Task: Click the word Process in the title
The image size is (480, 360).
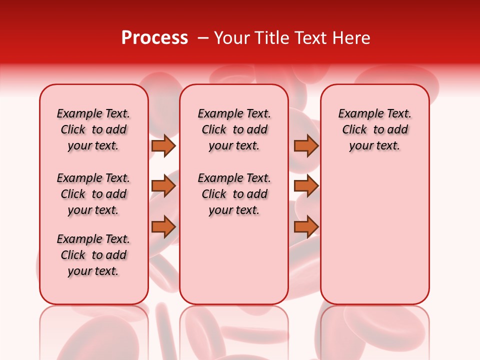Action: (x=154, y=38)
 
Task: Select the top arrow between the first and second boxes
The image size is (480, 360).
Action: (x=163, y=145)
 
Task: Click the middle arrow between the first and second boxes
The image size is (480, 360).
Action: (x=163, y=186)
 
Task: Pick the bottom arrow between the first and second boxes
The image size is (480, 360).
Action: (x=163, y=227)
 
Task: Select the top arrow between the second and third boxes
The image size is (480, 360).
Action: (x=306, y=145)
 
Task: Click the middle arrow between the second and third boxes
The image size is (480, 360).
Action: (x=306, y=186)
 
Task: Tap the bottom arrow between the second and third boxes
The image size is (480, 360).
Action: (x=306, y=227)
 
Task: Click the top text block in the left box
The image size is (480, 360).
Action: (x=93, y=129)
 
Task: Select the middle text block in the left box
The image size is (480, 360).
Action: (x=93, y=194)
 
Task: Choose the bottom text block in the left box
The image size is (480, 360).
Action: (x=93, y=255)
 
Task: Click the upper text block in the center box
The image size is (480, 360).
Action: (x=234, y=129)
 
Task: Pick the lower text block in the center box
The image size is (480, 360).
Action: (x=234, y=194)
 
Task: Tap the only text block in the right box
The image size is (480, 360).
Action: (x=374, y=129)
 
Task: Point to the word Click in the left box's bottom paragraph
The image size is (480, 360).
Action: (x=73, y=255)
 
